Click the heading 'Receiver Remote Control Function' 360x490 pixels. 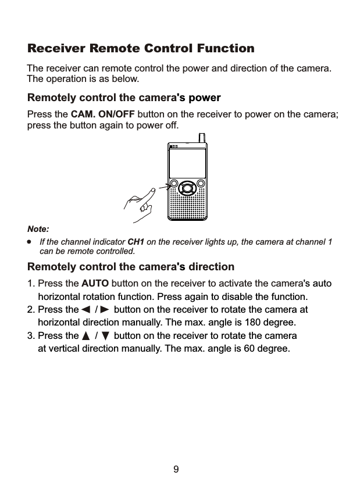pos(141,48)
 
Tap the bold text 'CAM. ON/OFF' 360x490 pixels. pos(102,113)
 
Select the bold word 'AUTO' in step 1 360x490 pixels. pos(95,284)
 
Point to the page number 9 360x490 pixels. pos(176,468)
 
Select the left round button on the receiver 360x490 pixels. pos(174,185)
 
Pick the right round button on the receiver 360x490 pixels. pos(201,185)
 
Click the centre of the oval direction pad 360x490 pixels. pos(187,188)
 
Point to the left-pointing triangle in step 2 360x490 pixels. pos(85,310)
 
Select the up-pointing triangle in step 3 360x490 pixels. pos(86,337)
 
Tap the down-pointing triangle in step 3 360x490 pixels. pos(105,337)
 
